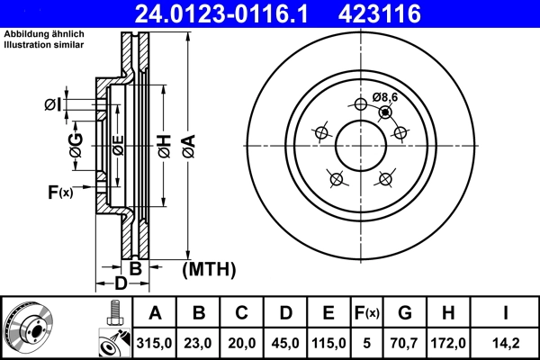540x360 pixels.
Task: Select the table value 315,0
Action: pyautogui.click(x=155, y=343)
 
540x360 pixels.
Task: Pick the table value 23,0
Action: pyautogui.click(x=199, y=343)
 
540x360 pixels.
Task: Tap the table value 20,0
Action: pyautogui.click(x=242, y=343)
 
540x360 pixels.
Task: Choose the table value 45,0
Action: pyautogui.click(x=285, y=343)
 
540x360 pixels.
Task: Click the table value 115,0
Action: pyautogui.click(x=328, y=343)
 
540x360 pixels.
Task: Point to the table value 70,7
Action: pyautogui.click(x=405, y=343)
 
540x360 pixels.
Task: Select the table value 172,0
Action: pyautogui.click(x=448, y=343)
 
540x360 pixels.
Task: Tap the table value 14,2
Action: pyautogui.click(x=507, y=343)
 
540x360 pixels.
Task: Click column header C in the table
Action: pyautogui.click(x=242, y=313)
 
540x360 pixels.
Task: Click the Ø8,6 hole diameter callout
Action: pyautogui.click(x=384, y=97)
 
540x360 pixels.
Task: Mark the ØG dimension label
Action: pyautogui.click(x=76, y=144)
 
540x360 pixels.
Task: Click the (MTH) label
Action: pyautogui.click(x=208, y=268)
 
